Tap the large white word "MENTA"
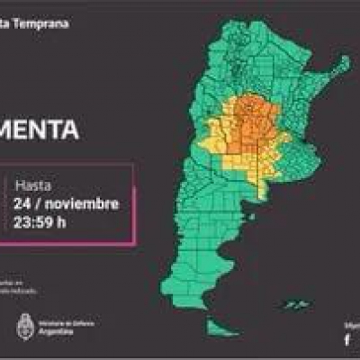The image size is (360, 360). [40, 130]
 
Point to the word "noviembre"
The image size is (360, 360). [82, 203]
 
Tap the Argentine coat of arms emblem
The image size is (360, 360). [24, 328]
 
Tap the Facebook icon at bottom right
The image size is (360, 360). [347, 339]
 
